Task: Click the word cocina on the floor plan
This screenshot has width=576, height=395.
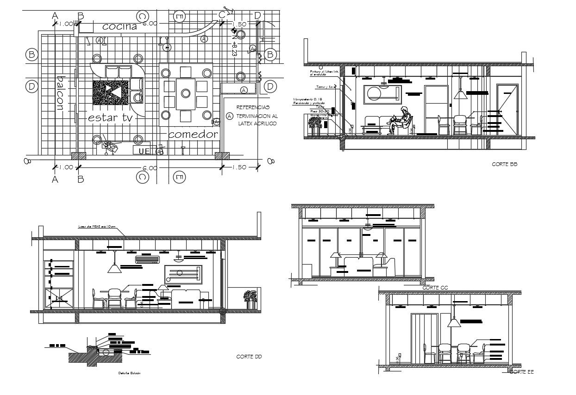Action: [x=120, y=27]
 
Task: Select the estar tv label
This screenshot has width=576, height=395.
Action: [x=111, y=118]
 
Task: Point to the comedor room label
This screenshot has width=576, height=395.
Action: [x=193, y=135]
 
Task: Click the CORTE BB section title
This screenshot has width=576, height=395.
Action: [x=504, y=164]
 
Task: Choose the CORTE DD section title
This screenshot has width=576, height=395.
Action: [x=249, y=356]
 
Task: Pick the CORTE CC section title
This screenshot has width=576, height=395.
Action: [x=435, y=288]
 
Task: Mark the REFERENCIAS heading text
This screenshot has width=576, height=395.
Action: [x=252, y=107]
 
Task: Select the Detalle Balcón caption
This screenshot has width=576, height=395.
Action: [x=128, y=373]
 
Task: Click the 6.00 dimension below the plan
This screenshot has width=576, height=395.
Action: [x=150, y=168]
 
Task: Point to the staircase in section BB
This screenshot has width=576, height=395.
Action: [x=492, y=122]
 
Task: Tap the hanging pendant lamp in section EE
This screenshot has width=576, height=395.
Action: [x=454, y=323]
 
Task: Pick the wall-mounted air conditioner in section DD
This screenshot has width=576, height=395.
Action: [x=147, y=260]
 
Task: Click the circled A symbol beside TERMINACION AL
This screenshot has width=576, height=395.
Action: [x=229, y=117]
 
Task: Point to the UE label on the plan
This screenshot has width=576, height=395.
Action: [x=144, y=150]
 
